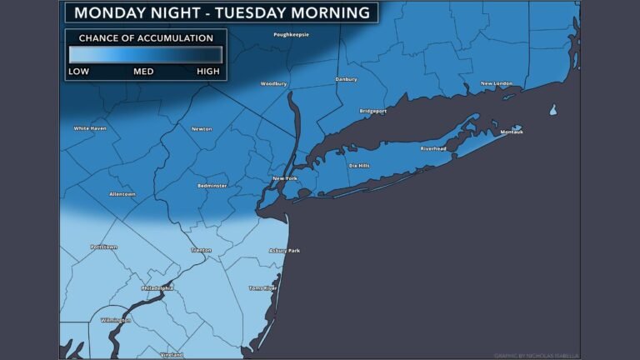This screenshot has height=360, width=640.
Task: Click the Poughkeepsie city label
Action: [x=290, y=34]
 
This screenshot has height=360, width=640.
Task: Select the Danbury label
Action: [x=345, y=79]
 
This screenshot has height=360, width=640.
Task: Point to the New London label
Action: [x=497, y=83]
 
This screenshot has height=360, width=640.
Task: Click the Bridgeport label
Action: [x=372, y=111]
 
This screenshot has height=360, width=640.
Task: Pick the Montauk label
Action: [x=510, y=132]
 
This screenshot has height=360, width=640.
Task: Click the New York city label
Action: [x=285, y=179]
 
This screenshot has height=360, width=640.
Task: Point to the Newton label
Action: [x=202, y=129]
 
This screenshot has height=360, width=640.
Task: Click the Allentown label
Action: [x=122, y=194]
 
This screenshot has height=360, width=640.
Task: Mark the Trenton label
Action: [x=201, y=250]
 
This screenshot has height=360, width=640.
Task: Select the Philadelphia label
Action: [x=157, y=287]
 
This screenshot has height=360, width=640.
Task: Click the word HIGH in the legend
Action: [x=208, y=72]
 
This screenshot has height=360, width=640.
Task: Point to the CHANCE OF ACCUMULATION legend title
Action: [x=145, y=38]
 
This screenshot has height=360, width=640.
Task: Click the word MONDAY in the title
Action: [x=111, y=12]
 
